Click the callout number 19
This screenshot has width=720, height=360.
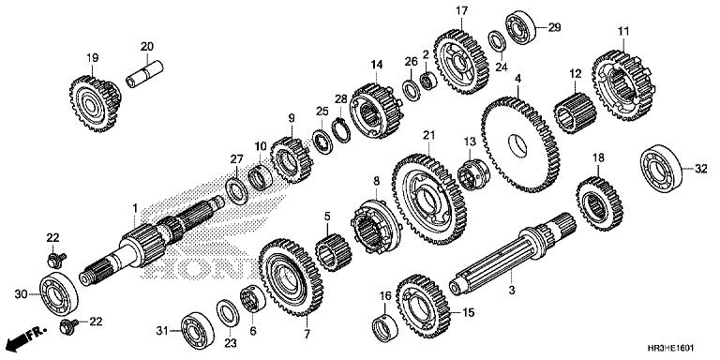pyautogui.click(x=93, y=58)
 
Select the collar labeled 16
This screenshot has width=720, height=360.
pyautogui.click(x=384, y=327)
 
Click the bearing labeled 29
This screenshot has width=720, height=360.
pyautogui.click(x=518, y=24)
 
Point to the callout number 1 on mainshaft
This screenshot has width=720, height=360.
pyautogui.click(x=135, y=207)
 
